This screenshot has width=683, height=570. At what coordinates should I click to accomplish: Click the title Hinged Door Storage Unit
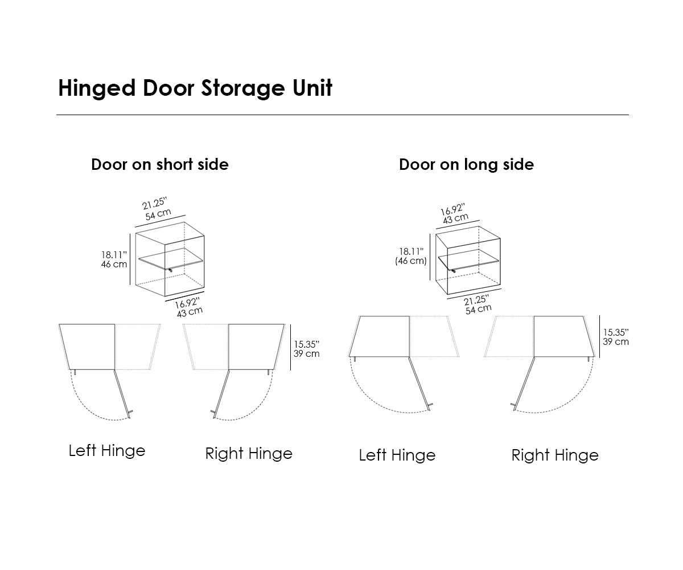click(195, 89)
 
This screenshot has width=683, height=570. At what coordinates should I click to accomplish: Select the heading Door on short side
click(160, 165)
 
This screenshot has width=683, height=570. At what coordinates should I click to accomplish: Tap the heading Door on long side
click(466, 165)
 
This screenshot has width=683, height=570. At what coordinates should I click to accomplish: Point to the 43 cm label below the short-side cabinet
click(190, 311)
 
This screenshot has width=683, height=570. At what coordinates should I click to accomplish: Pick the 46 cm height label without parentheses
click(114, 264)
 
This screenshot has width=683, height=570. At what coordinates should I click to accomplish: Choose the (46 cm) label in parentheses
click(411, 261)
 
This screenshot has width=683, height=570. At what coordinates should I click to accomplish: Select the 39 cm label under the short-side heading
click(306, 353)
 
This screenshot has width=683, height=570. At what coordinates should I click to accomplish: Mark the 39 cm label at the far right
click(616, 341)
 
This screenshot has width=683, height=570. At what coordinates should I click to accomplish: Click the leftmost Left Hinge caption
click(107, 451)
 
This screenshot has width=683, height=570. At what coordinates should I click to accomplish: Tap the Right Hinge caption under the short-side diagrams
click(249, 454)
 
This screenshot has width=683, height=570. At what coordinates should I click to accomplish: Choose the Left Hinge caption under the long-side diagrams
click(397, 455)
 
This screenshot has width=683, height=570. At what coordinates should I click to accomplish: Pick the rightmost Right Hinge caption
click(555, 455)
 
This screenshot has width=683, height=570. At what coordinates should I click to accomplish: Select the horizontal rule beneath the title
click(342, 115)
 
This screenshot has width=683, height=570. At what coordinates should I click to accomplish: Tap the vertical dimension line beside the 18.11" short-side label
click(131, 259)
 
